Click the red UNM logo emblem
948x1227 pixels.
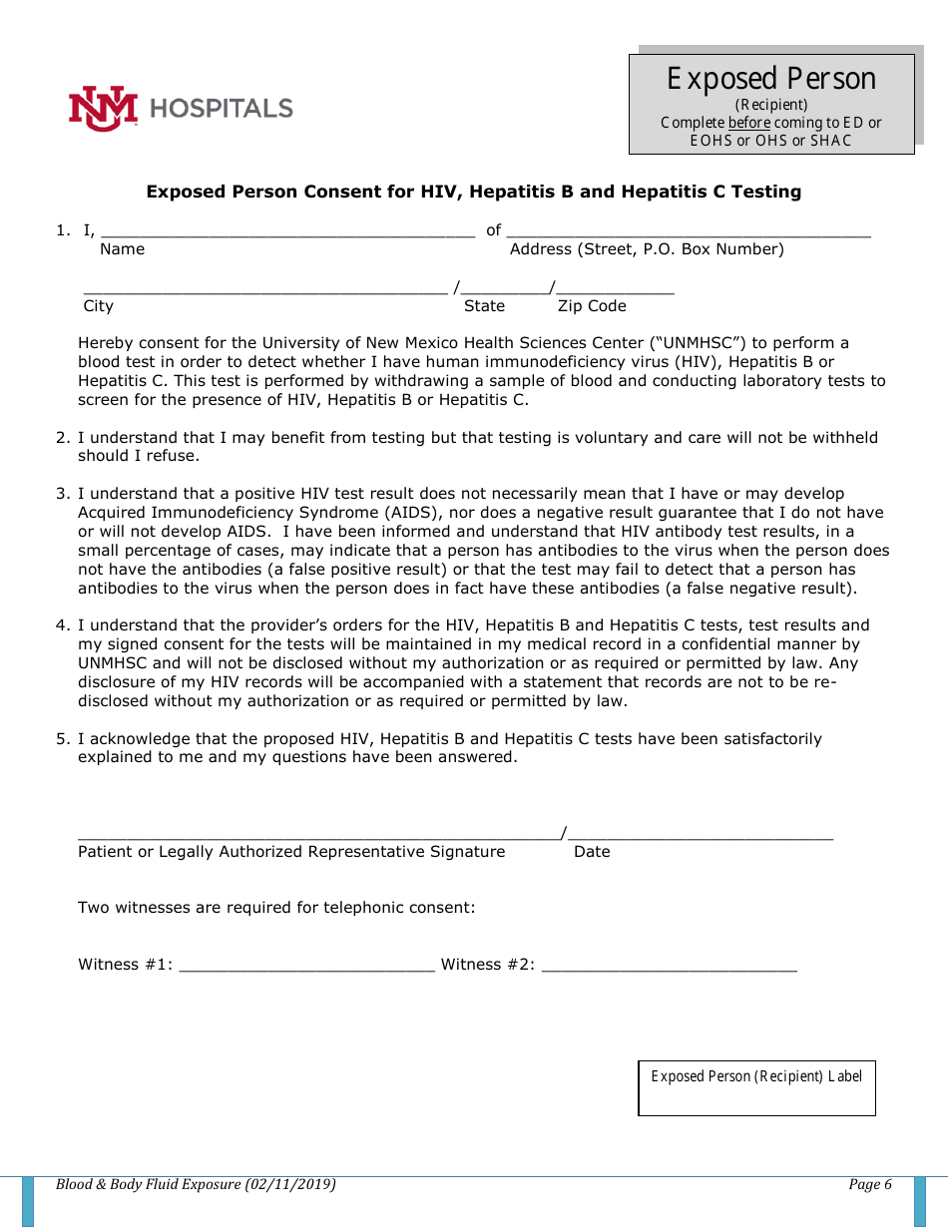pos(103,108)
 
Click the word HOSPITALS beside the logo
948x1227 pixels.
pos(222,108)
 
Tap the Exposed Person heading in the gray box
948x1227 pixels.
pos(771,79)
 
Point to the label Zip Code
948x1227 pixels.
pos(592,306)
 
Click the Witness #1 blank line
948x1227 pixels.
pos(306,966)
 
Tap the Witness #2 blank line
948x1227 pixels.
pos(669,966)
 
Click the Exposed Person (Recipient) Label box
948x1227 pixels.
pos(756,1088)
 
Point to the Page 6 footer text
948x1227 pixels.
pos(869,1185)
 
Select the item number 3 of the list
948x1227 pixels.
pos(62,494)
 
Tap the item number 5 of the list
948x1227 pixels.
pos(62,739)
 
